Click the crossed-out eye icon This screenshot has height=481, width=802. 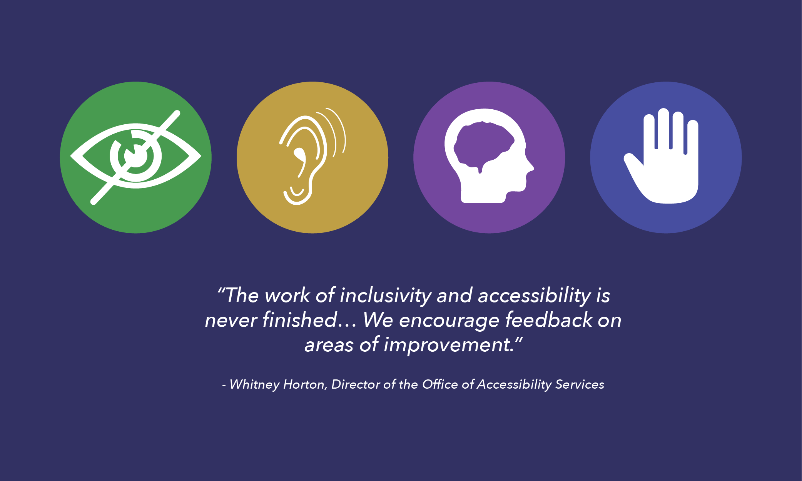[x=135, y=157]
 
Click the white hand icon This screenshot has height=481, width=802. [x=666, y=158]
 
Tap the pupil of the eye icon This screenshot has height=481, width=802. [x=135, y=155]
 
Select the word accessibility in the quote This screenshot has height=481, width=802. [x=534, y=296]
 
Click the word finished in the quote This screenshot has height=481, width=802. [x=299, y=320]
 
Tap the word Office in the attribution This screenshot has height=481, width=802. [x=440, y=384]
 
